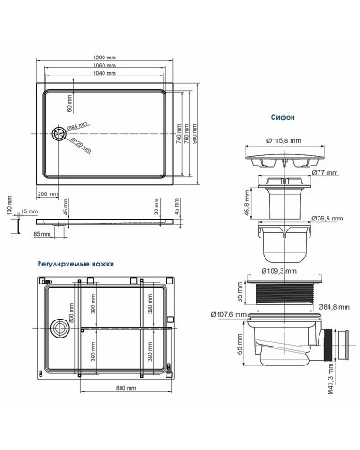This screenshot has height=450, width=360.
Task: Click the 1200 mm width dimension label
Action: pos(104,58)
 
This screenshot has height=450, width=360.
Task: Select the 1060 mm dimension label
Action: pos(104,67)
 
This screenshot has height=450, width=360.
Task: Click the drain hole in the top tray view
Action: pos(60,133)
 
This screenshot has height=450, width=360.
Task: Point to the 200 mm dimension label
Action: pos(48,193)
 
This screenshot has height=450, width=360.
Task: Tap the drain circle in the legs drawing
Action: pos(59,330)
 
